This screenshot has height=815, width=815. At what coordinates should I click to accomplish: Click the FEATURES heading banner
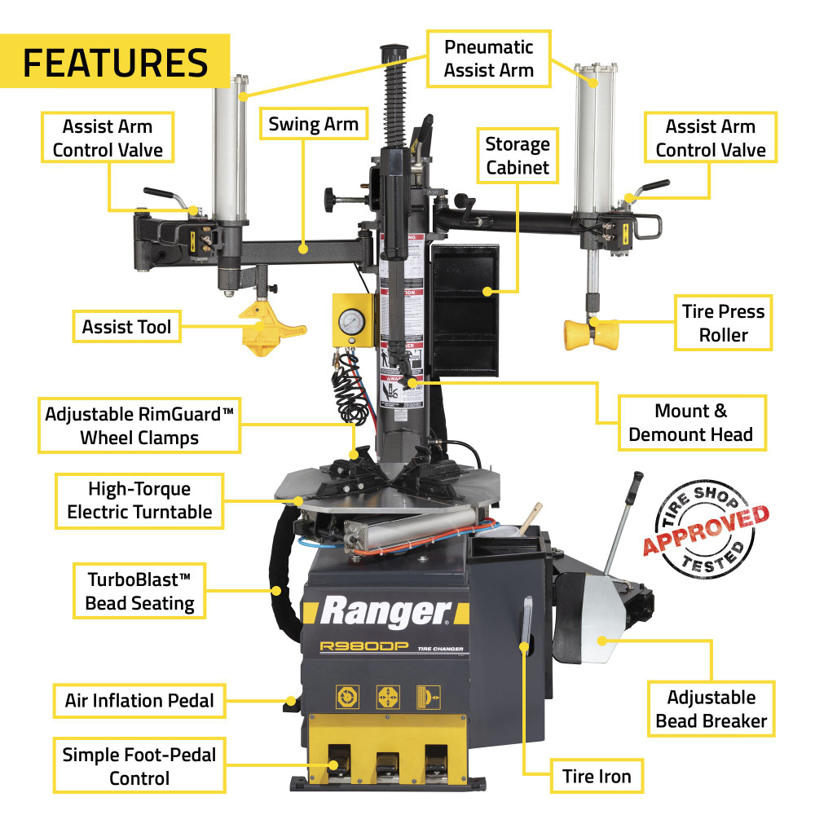(115, 61)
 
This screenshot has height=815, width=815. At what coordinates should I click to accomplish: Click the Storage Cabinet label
(517, 156)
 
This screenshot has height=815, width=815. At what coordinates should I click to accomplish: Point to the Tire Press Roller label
(723, 323)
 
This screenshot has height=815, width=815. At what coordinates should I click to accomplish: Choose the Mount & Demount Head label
(690, 422)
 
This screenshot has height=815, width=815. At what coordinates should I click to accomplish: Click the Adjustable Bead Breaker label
(711, 709)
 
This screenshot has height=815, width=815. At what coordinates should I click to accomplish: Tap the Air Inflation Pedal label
(139, 700)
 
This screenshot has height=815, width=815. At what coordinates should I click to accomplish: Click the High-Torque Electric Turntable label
(139, 500)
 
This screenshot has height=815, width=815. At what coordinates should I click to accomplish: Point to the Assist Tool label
(126, 327)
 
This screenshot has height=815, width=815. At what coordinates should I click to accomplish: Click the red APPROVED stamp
(707, 530)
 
